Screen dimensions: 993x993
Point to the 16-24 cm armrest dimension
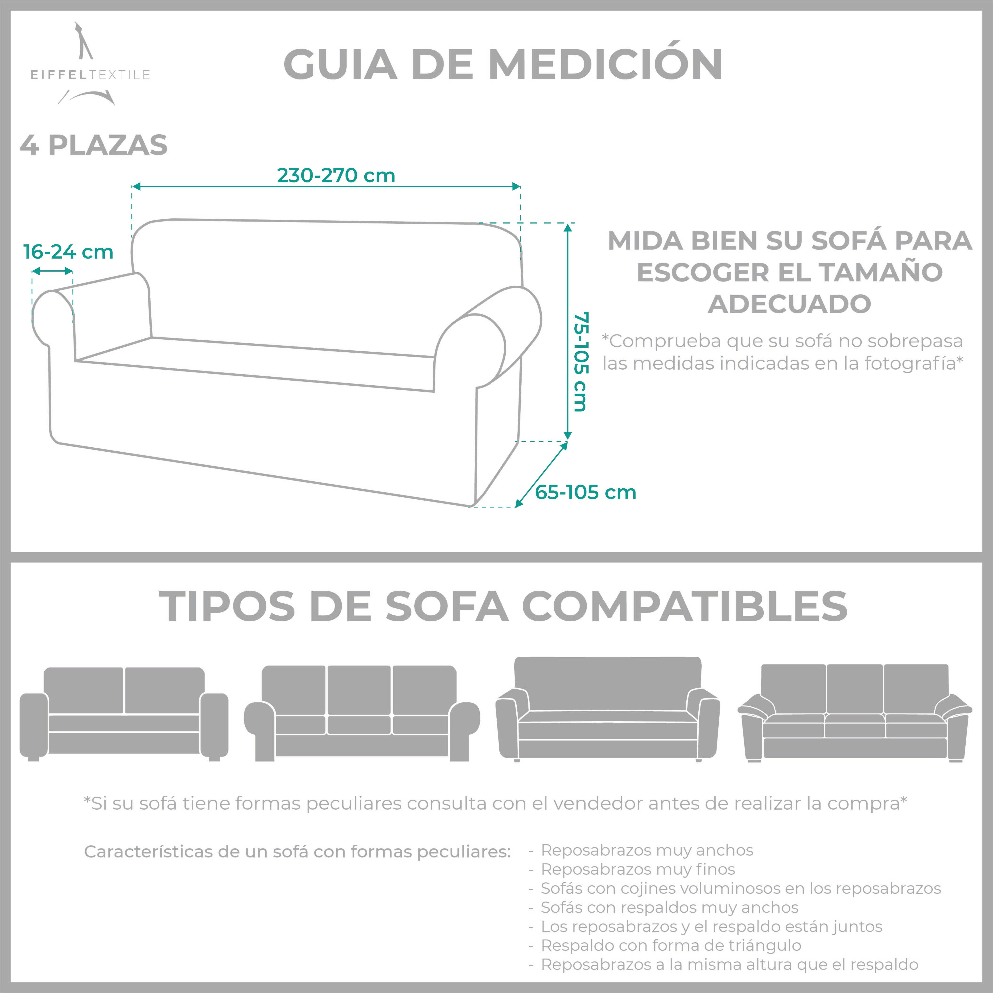(x=68, y=252)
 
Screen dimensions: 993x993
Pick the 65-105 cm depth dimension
(x=585, y=492)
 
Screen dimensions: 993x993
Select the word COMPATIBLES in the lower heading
(x=685, y=606)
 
